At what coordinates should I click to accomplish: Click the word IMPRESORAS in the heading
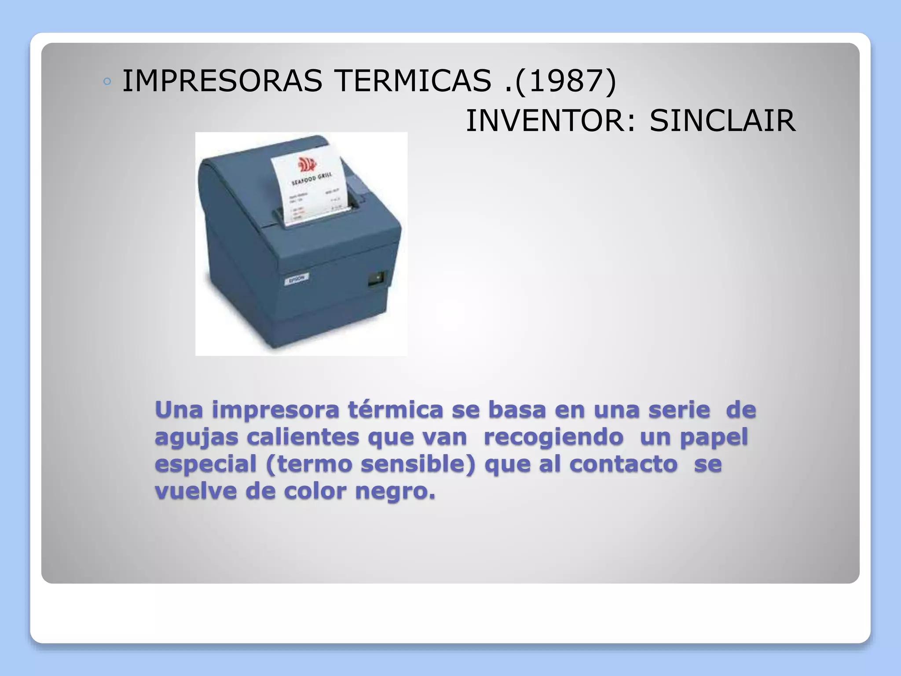pos(222,81)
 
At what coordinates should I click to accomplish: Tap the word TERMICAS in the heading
pos(412,81)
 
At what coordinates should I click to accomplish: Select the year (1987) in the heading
pos(566,81)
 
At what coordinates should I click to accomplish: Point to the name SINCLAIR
pos(722,121)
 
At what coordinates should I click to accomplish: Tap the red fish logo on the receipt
pos(307,165)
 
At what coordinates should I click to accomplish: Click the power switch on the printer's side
pos(377,278)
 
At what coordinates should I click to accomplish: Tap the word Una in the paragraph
pos(179,410)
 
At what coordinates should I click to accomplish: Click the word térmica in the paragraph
pos(396,410)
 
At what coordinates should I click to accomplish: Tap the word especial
pos(205,465)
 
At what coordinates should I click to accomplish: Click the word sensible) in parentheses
pos(418,464)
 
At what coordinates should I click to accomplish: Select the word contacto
pos(623,464)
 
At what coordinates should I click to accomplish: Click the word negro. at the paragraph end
pos(395,492)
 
